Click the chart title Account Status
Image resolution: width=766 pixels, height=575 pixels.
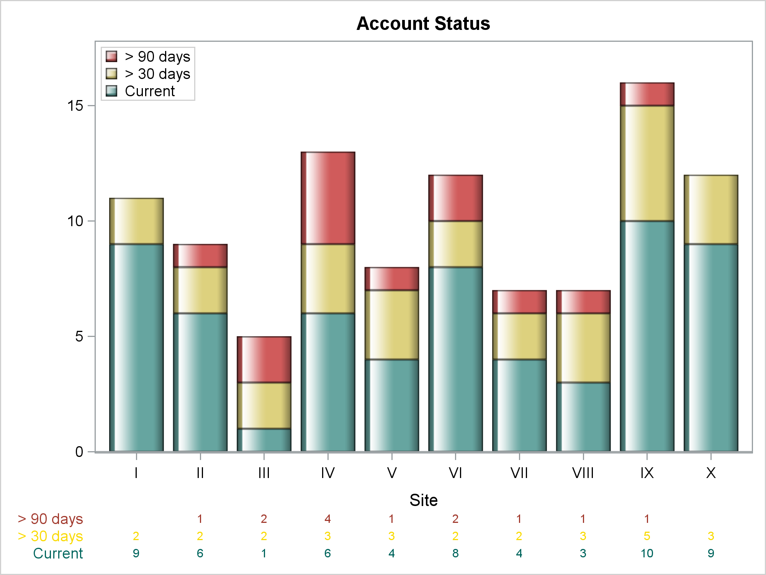(x=423, y=24)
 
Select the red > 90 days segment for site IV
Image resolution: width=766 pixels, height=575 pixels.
(x=328, y=198)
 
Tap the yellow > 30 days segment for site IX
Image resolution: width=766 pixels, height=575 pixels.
(x=647, y=163)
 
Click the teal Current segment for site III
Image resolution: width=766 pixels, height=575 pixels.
(x=264, y=440)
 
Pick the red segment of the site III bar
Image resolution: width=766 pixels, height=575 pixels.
(x=264, y=359)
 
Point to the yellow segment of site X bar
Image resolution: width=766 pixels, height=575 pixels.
(x=711, y=209)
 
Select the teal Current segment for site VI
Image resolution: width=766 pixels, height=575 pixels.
(x=455, y=359)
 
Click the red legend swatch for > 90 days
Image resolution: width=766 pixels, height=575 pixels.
(x=111, y=56)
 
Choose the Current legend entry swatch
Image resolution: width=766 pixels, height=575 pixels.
(x=111, y=91)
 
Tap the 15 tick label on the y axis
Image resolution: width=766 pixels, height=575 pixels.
(x=75, y=106)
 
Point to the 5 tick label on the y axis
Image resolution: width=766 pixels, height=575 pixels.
(x=79, y=337)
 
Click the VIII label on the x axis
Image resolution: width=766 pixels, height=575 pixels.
(x=583, y=473)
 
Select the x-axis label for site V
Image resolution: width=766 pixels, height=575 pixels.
(x=391, y=473)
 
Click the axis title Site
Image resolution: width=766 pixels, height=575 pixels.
(x=423, y=500)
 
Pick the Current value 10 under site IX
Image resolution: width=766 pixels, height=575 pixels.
(x=647, y=553)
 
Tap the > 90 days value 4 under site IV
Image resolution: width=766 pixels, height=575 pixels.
(x=327, y=519)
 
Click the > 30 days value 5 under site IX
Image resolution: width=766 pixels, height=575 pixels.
(x=647, y=536)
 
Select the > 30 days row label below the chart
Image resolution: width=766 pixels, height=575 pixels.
(x=50, y=536)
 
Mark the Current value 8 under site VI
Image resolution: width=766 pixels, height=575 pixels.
(x=455, y=553)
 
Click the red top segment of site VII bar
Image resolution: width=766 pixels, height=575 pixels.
(x=519, y=302)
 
